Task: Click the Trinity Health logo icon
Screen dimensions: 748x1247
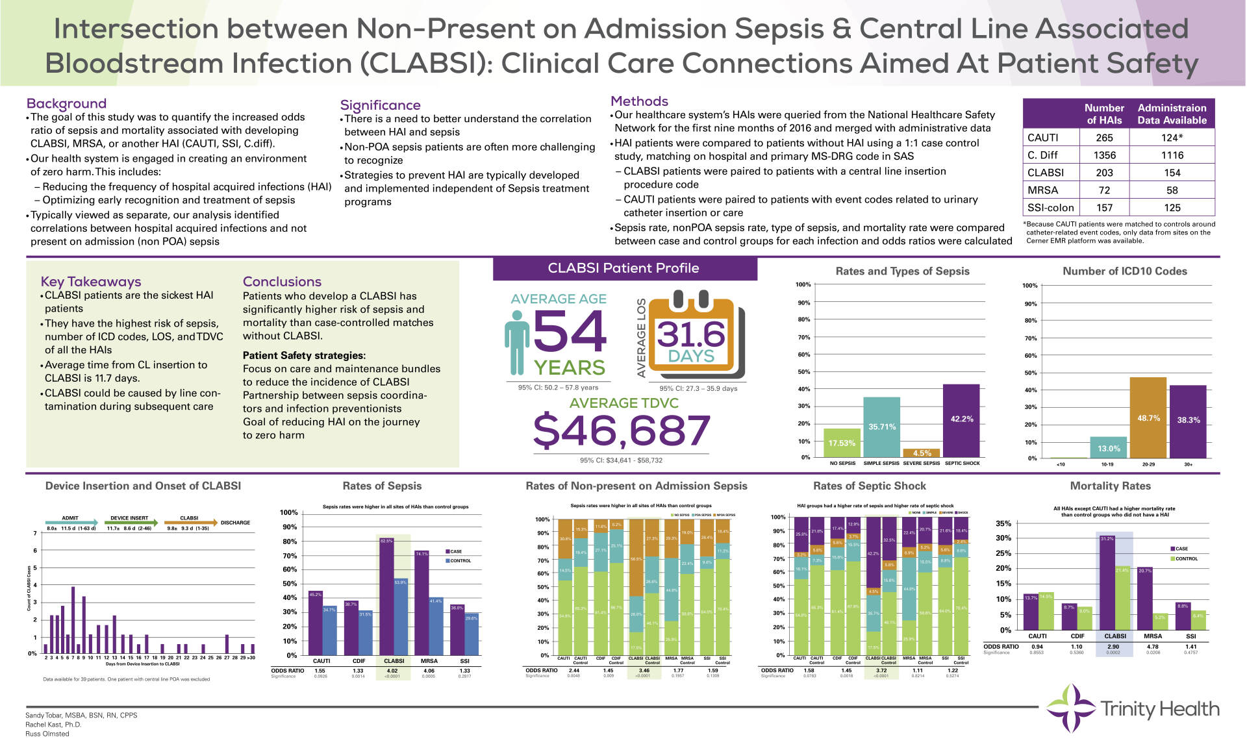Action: click(1070, 708)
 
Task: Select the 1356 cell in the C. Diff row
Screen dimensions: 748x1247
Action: click(1104, 155)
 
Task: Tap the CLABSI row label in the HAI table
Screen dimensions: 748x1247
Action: click(1046, 173)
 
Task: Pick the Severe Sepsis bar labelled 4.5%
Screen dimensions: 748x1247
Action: click(922, 453)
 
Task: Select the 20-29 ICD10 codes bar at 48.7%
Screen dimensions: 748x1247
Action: click(1148, 418)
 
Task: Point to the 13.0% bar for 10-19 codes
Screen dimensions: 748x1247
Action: click(1108, 447)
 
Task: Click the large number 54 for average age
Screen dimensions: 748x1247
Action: click(570, 331)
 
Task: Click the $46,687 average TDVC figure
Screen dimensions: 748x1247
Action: click(622, 430)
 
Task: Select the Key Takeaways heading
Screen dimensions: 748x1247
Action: click(91, 281)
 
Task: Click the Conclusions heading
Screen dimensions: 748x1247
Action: click(282, 281)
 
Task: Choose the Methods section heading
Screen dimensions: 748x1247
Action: click(639, 101)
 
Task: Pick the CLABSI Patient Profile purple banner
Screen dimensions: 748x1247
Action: click(624, 268)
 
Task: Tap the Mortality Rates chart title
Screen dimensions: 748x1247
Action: click(1110, 486)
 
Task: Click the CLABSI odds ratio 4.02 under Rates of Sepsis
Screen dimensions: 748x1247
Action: click(392, 671)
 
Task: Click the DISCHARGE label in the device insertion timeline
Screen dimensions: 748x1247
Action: click(235, 523)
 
